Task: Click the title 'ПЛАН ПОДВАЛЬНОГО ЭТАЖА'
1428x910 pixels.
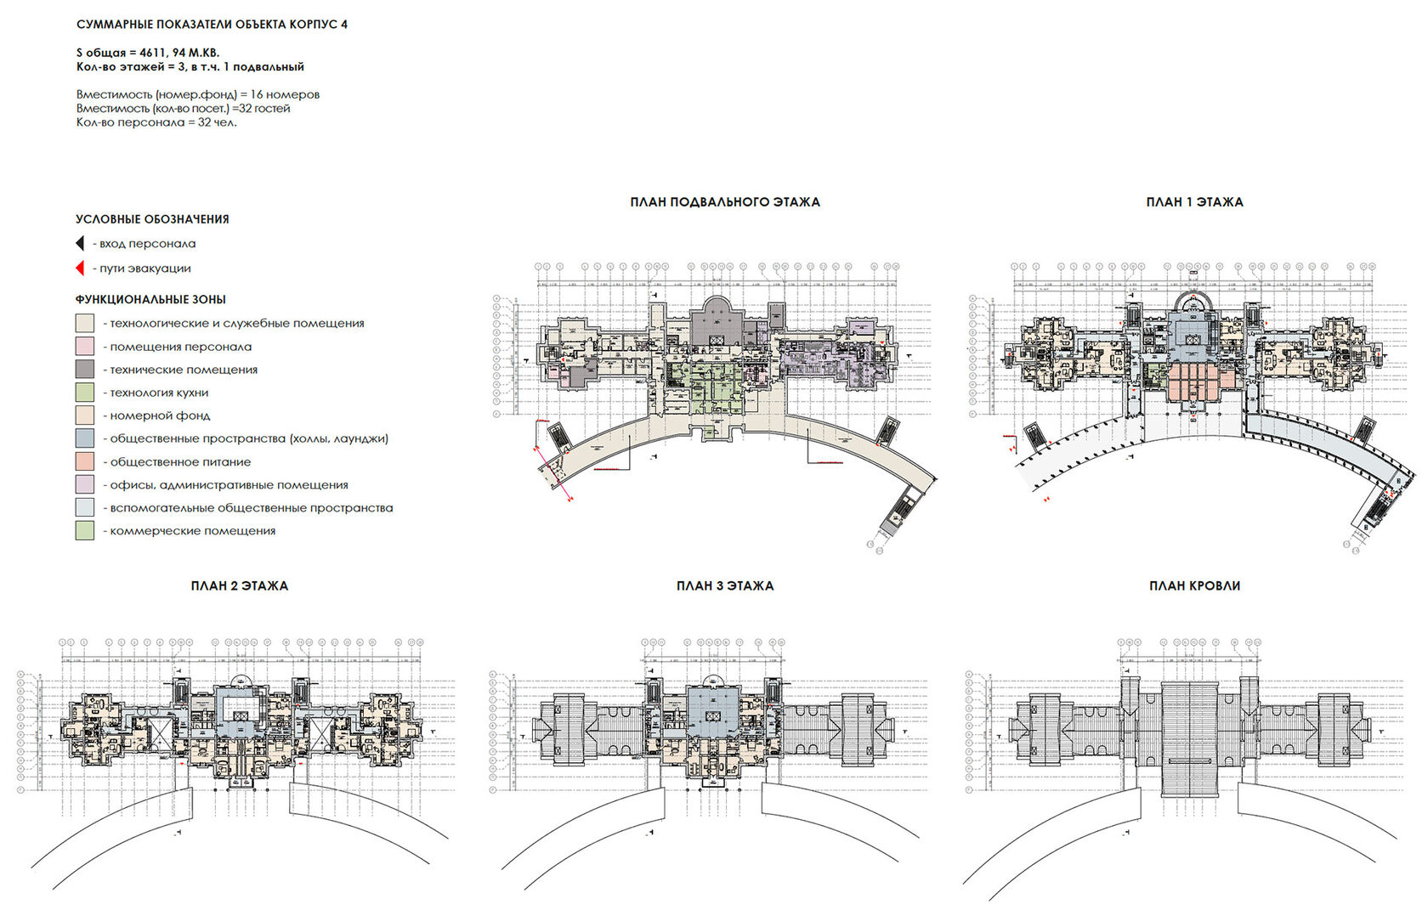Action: click(724, 202)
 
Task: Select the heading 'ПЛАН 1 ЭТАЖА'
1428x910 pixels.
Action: click(1194, 202)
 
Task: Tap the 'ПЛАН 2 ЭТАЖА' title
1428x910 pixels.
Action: click(239, 585)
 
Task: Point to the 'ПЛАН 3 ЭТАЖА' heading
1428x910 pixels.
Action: click(724, 585)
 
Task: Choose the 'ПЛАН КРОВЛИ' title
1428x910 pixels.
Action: click(1194, 585)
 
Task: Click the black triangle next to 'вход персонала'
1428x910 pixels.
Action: click(80, 244)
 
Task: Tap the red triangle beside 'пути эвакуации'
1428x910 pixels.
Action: click(80, 268)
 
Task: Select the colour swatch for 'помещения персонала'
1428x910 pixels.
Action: click(84, 347)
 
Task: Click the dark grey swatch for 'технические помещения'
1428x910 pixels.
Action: click(84, 370)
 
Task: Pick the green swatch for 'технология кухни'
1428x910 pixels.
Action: click(84, 393)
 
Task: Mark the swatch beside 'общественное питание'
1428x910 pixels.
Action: click(84, 461)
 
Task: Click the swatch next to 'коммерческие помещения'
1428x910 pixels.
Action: click(84, 531)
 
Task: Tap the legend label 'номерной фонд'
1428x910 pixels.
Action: click(160, 415)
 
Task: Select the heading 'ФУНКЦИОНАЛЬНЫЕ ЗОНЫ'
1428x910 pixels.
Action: click(150, 299)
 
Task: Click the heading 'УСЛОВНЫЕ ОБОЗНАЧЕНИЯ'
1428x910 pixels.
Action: click(152, 219)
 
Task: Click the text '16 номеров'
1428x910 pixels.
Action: click(285, 94)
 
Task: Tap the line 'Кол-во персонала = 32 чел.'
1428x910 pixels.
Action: click(156, 122)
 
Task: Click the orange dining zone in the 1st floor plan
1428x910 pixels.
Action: click(1194, 382)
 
